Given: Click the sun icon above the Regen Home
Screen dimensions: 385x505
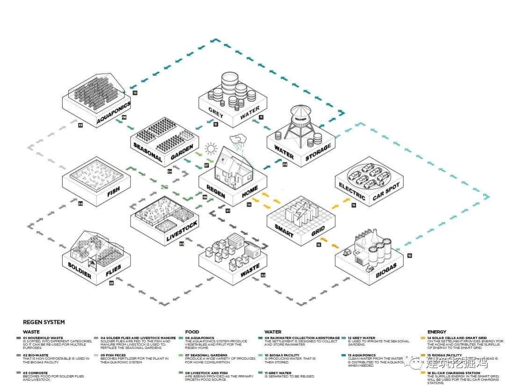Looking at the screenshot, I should pyautogui.click(x=211, y=149).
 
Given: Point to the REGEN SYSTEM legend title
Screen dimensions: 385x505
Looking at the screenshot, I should pyautogui.click(x=44, y=322).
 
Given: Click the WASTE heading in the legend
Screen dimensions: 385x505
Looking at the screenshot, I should pyautogui.click(x=31, y=332).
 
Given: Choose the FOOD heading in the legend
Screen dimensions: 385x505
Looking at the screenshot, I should pyautogui.click(x=192, y=332).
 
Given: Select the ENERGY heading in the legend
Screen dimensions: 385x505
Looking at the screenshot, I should pyautogui.click(x=437, y=332).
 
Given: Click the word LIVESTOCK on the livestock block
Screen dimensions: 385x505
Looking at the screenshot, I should pyautogui.click(x=182, y=231).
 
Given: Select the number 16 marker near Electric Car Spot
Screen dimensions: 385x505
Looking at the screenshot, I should pyautogui.click(x=353, y=205).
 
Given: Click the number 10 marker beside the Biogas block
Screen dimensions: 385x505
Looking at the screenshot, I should pyautogui.click(x=410, y=255).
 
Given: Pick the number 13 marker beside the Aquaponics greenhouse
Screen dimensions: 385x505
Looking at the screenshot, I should pyautogui.click(x=135, y=93).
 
